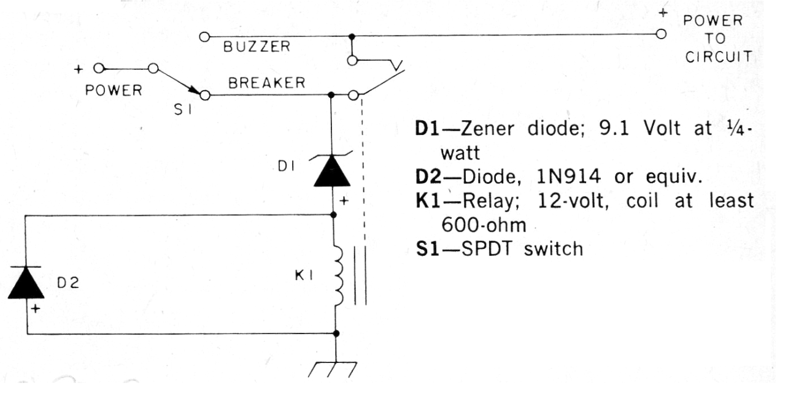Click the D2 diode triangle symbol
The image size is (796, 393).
pos(26,282)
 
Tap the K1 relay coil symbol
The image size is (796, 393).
pos(338,275)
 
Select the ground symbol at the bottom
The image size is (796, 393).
pos(333,370)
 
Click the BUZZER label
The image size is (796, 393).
pos(257,47)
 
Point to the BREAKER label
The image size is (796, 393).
pos(267,83)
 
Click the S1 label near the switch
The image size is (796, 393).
pos(183,110)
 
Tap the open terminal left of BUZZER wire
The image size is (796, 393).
pos(204,37)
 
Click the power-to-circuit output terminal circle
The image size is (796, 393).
pos(661,34)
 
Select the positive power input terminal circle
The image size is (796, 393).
pos(99,68)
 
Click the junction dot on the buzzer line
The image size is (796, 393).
pos(352,37)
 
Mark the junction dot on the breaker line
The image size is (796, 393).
pos(331,95)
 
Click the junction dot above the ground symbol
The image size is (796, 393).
pos(336,334)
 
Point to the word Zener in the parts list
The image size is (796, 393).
pos(487,128)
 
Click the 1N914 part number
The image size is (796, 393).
pos(568,177)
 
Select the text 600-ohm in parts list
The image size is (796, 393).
pos(484,225)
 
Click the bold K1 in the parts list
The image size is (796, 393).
pos(428,201)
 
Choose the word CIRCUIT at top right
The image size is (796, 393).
pos(718,57)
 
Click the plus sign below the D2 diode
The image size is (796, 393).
pos(35,309)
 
